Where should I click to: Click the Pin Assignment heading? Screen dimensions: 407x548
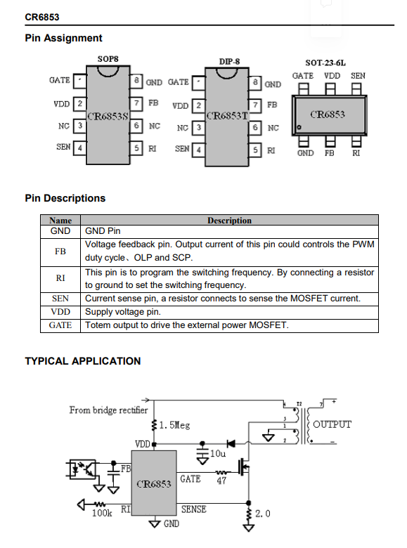coord(63,38)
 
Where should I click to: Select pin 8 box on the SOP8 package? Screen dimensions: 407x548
coord(136,81)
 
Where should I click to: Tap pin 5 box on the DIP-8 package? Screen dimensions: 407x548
coord(255,150)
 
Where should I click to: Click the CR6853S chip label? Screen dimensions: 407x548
coord(108,116)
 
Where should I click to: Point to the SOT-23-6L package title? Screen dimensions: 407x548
coord(325,63)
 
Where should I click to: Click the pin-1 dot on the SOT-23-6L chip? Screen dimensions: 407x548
coord(299,127)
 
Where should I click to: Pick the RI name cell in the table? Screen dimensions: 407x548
coord(60,278)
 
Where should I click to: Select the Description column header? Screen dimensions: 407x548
coord(229,221)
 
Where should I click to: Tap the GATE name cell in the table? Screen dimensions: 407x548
coord(60,325)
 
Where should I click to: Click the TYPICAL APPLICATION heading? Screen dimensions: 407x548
coord(83,361)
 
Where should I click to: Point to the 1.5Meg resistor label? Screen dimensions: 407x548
coord(174,425)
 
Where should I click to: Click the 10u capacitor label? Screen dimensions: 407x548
coord(217,454)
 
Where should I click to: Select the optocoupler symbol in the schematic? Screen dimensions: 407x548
coord(81,469)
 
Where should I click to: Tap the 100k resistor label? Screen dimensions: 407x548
coord(102,513)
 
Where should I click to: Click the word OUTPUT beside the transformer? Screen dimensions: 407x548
coord(332,424)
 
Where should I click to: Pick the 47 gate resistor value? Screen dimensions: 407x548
coord(221,481)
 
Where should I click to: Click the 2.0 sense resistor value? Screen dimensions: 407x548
coord(263,514)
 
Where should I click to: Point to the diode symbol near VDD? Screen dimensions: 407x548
coord(231,444)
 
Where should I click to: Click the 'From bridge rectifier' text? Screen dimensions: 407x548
coord(108,410)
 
